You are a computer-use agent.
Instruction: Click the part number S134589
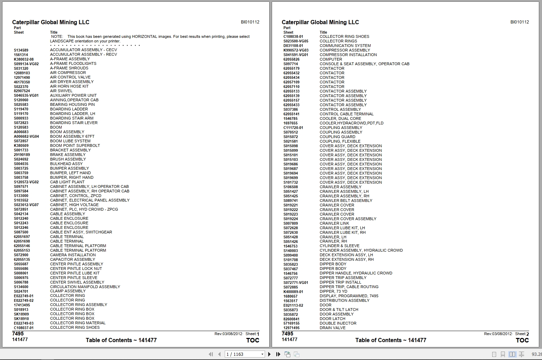pos(21,50)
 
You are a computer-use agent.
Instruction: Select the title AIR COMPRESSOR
pos(68,73)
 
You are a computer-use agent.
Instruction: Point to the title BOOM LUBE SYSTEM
pos(70,141)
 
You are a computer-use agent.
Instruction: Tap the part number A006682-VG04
pos(26,137)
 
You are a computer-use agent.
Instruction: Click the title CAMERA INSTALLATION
pos(73,255)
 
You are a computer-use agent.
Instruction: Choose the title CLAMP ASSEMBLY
pos(68,291)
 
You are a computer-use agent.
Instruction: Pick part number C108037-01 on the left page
pos(24,328)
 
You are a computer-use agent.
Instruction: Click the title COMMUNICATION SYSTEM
pos(345,46)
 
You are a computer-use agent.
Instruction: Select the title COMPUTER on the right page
pos(331,59)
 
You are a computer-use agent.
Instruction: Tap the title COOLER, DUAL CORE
pos(340,118)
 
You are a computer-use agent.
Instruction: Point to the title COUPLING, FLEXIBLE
pos(340,141)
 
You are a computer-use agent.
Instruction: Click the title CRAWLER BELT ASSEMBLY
pos(346,201)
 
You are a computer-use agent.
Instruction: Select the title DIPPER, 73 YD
pos(333,291)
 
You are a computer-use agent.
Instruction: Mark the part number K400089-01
pos(293,292)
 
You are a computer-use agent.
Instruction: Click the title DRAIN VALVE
pos(332,328)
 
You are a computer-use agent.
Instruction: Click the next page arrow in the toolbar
pos(269,354)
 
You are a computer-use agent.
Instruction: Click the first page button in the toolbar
pos(211,354)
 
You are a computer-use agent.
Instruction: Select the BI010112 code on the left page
pos(250,22)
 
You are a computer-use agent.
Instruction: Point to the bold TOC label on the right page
pos(522,340)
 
